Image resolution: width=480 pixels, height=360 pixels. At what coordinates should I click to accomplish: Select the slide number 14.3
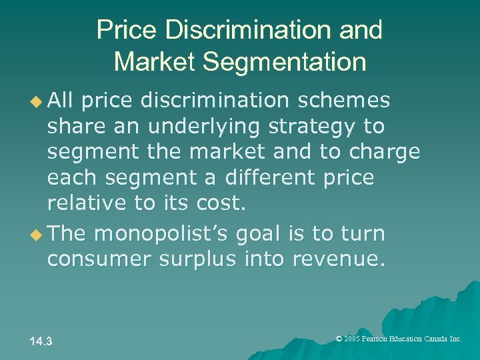(x=41, y=342)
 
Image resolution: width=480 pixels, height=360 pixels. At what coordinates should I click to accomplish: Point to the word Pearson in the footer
(x=381, y=339)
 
